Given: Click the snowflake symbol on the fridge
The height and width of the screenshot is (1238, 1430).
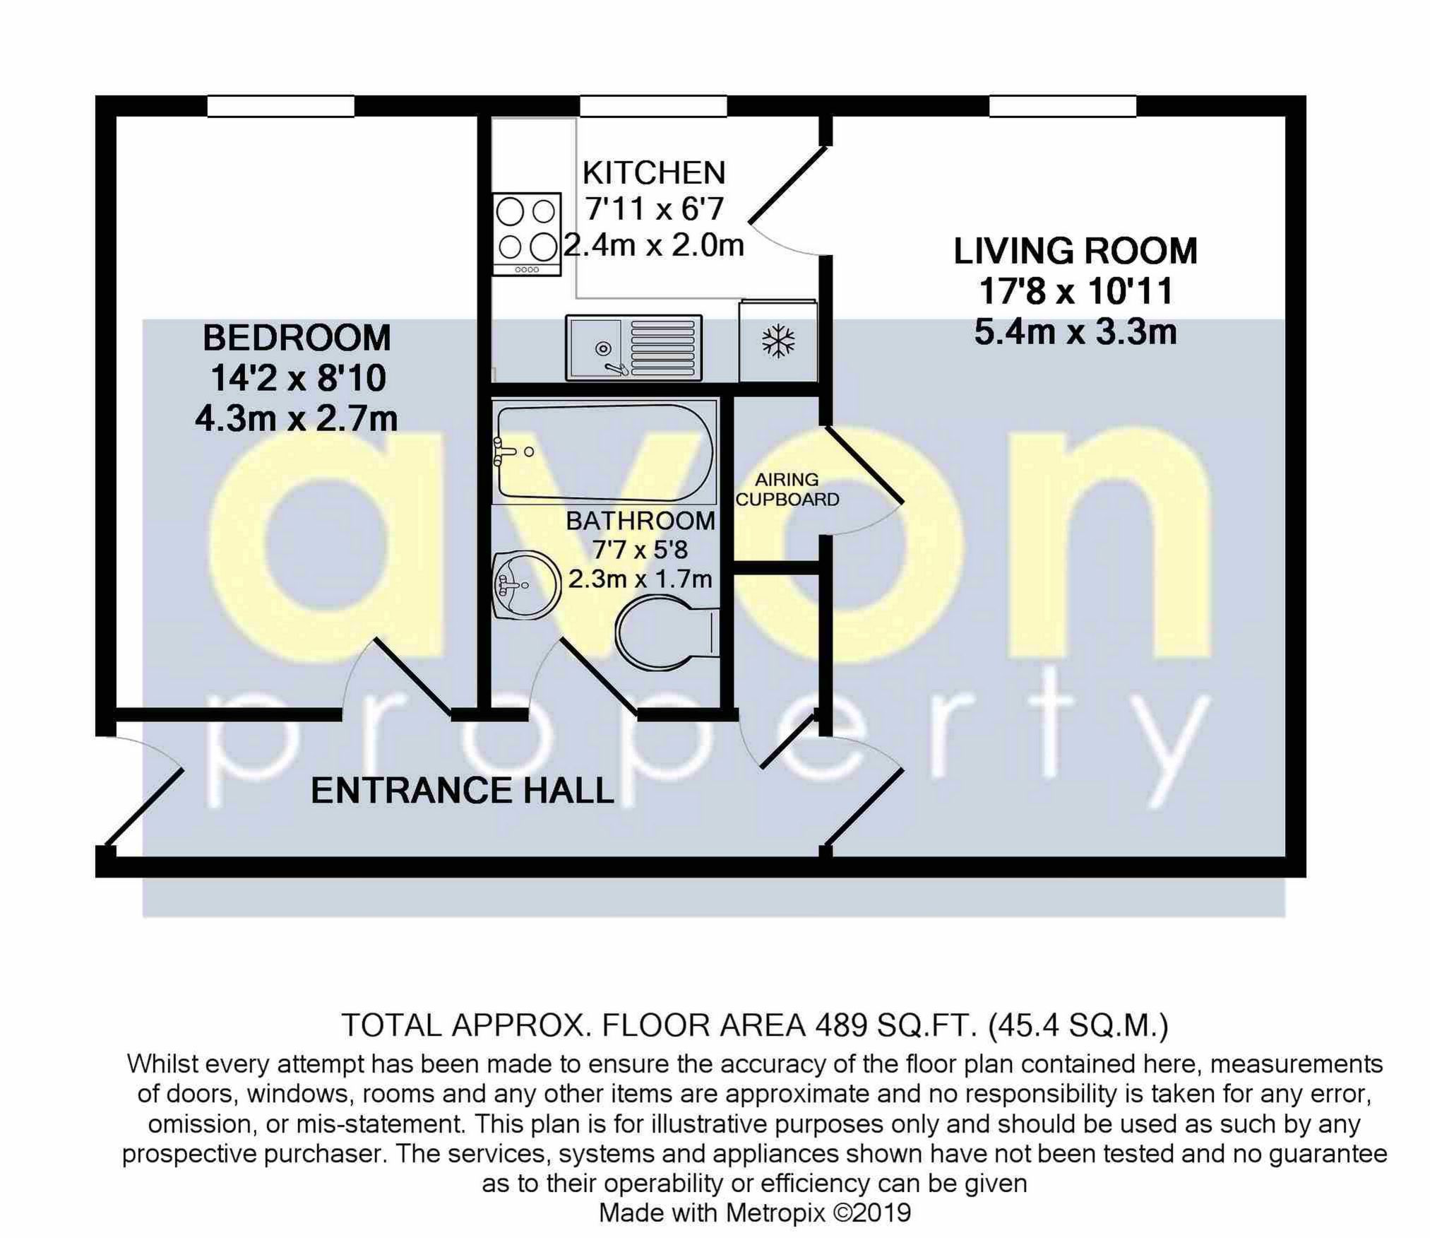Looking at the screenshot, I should (777, 342).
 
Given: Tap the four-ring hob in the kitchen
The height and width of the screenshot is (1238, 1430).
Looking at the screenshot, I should (527, 234).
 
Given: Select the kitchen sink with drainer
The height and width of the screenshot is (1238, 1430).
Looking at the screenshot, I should (633, 347).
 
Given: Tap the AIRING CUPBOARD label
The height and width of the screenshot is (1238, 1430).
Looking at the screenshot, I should (787, 490).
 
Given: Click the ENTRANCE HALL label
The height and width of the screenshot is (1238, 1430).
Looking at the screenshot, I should (463, 790).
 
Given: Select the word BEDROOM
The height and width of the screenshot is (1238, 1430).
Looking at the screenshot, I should (297, 338).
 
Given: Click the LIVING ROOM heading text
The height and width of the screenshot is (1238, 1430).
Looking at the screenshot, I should (1075, 252).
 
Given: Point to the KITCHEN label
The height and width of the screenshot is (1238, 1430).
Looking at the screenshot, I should (653, 173).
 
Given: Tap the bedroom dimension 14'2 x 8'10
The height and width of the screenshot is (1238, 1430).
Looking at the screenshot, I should (298, 379).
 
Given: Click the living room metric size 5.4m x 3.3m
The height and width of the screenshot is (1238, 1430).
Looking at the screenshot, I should (1075, 332).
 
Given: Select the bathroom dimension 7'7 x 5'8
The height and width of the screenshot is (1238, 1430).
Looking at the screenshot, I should (640, 550).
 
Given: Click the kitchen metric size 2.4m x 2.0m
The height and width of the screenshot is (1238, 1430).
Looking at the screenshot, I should (653, 246).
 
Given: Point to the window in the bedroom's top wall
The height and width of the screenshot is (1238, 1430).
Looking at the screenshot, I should (280, 106).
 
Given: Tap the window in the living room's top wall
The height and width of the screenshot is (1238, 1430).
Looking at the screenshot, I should (1062, 106).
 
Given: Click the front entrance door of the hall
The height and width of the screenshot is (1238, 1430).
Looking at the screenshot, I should (145, 806).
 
